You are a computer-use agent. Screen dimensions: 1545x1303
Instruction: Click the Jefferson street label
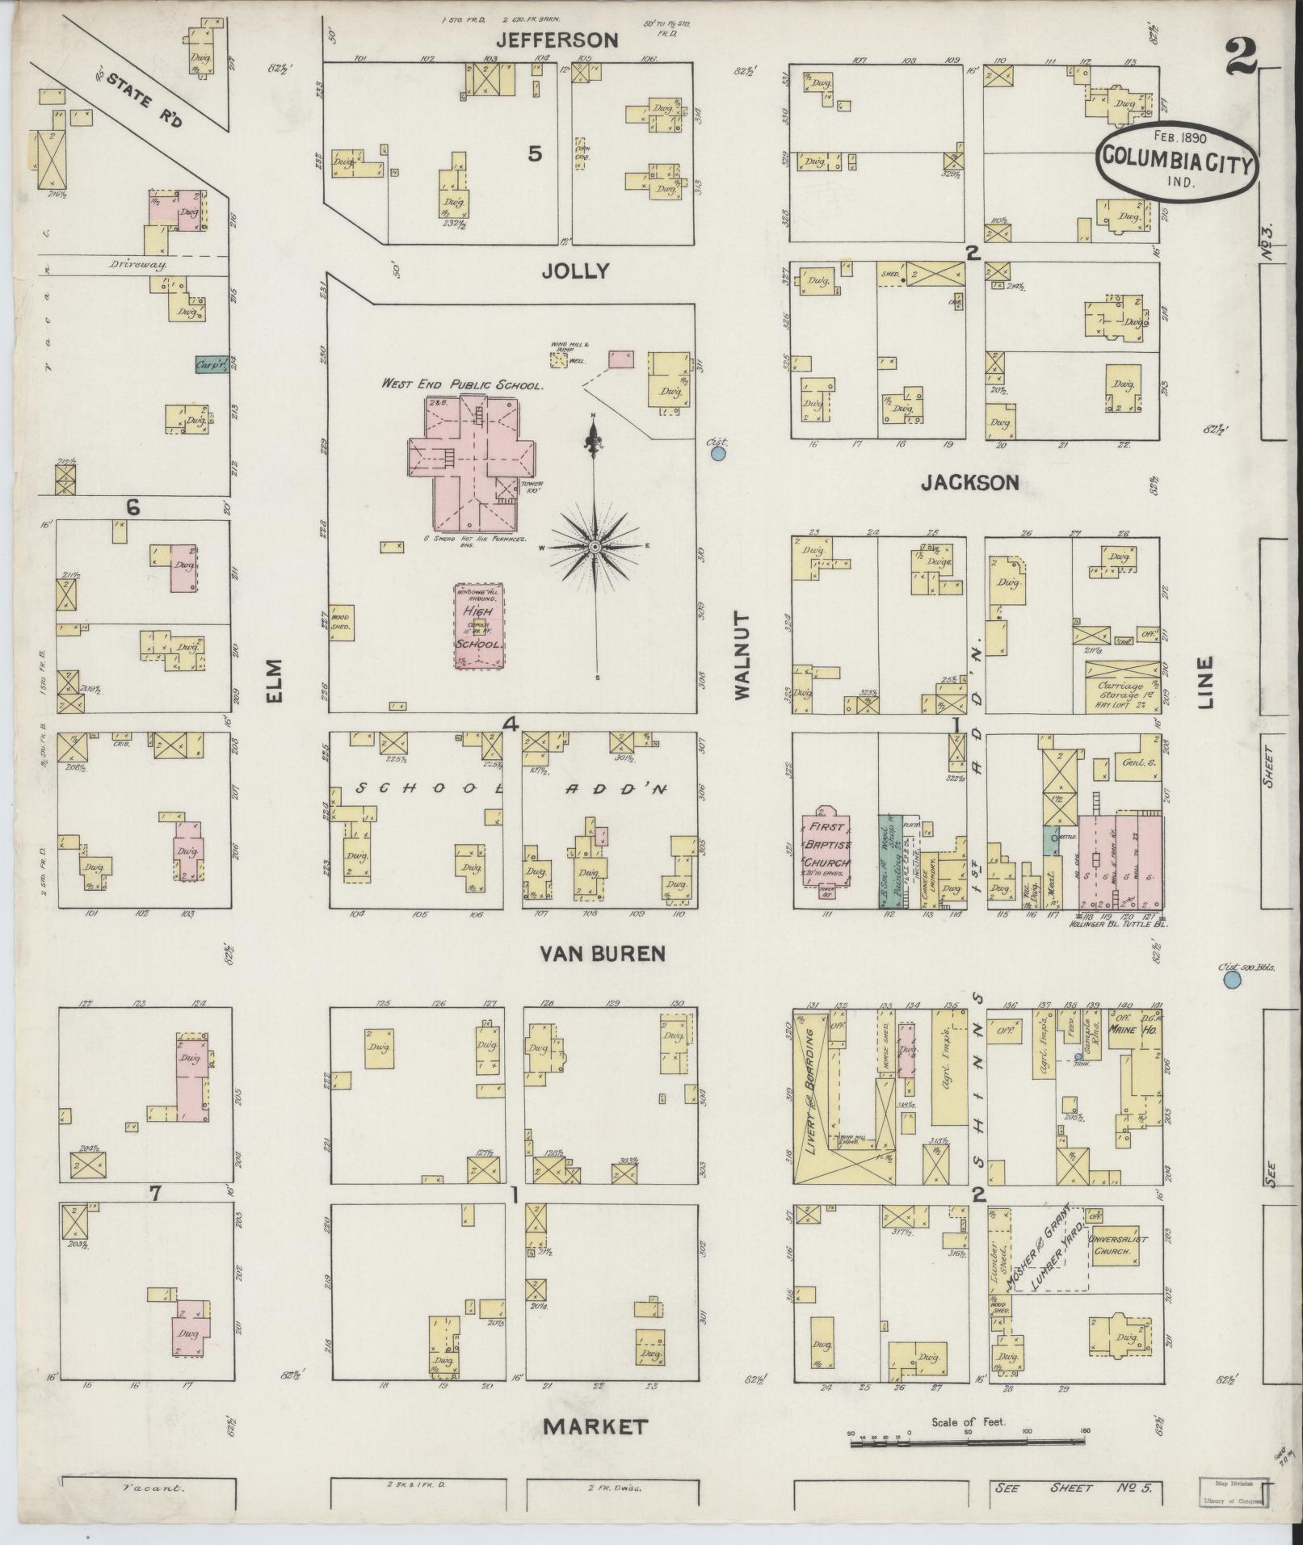(557, 40)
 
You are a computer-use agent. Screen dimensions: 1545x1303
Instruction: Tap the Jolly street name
(574, 271)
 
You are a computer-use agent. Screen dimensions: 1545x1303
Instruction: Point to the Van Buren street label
(602, 954)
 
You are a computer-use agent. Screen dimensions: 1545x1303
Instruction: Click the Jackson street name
(969, 482)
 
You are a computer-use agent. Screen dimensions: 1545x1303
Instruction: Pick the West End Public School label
(463, 385)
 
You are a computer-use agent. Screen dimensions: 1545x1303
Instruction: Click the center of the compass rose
(595, 547)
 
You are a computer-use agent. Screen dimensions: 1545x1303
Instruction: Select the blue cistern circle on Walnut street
(717, 455)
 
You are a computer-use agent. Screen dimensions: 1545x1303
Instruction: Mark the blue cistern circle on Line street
(1231, 980)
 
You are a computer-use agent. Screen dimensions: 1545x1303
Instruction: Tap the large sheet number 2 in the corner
(1242, 56)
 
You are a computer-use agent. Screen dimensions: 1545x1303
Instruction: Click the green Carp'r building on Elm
(210, 365)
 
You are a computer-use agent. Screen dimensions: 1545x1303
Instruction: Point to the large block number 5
(534, 153)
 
